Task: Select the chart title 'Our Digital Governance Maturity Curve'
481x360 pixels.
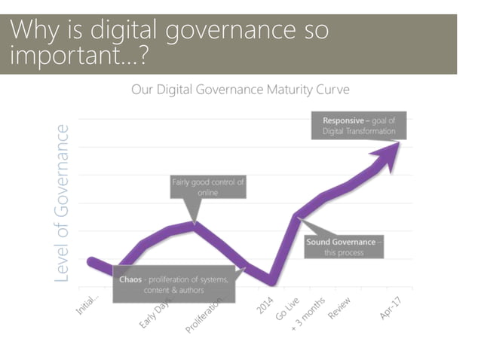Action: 240,90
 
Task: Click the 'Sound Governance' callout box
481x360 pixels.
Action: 344,246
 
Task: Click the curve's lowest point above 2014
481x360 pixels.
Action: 271,282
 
